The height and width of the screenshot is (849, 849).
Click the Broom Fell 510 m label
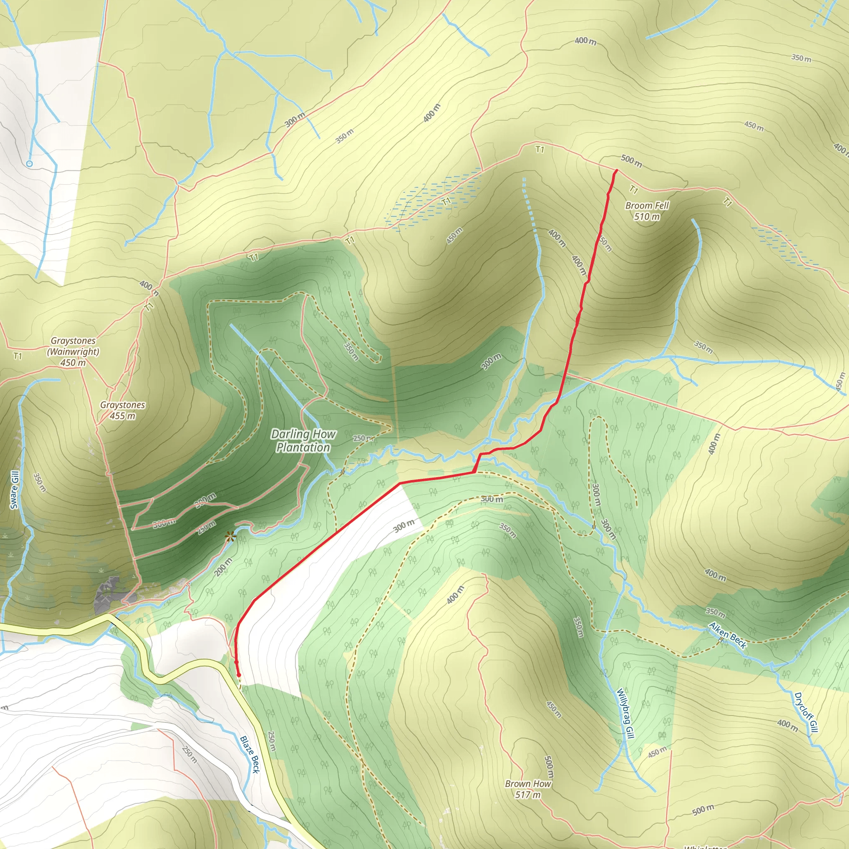(646, 211)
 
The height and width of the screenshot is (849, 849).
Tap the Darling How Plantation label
(303, 441)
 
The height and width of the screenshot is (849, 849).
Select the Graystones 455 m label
(122, 410)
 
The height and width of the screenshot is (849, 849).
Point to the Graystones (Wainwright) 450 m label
(73, 352)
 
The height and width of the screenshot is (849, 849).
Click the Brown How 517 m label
(527, 789)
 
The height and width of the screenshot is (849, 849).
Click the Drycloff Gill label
(806, 712)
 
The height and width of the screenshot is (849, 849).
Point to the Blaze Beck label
(250, 754)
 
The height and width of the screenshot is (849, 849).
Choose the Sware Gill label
(15, 490)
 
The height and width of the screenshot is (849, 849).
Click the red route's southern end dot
(239, 675)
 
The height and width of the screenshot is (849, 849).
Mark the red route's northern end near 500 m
(616, 170)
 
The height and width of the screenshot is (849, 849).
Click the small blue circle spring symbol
(29, 163)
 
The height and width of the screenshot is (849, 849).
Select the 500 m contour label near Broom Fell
(631, 161)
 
